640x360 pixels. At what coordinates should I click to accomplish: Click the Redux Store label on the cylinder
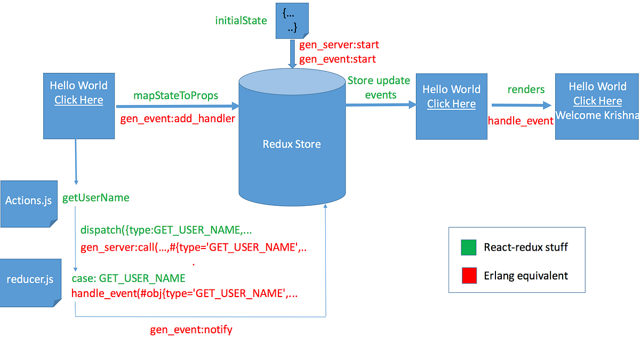point(292,144)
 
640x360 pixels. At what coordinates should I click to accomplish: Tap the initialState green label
point(241,21)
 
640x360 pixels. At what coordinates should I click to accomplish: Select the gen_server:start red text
point(339,45)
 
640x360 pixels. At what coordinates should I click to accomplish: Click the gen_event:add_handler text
point(178,119)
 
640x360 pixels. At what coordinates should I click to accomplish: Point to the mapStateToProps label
point(175,95)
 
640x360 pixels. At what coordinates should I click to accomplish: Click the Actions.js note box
point(28,201)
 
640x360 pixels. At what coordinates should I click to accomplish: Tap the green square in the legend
point(469,247)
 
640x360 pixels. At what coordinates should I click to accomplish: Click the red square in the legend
point(469,276)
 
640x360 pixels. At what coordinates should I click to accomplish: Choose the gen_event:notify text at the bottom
point(191,330)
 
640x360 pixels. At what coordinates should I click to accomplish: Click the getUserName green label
point(96,198)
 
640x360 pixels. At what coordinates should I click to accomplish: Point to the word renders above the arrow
point(526,89)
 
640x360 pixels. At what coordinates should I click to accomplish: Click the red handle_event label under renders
point(521,121)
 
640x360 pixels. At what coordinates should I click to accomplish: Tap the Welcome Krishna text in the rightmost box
point(597,115)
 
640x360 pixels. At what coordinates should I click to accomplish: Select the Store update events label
point(379,87)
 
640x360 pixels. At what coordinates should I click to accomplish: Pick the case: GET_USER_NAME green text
point(129,278)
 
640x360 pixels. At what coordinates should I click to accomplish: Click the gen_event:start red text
point(337,59)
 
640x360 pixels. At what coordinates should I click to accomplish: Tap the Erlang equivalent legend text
point(526,276)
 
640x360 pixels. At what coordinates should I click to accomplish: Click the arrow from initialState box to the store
point(292,53)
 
